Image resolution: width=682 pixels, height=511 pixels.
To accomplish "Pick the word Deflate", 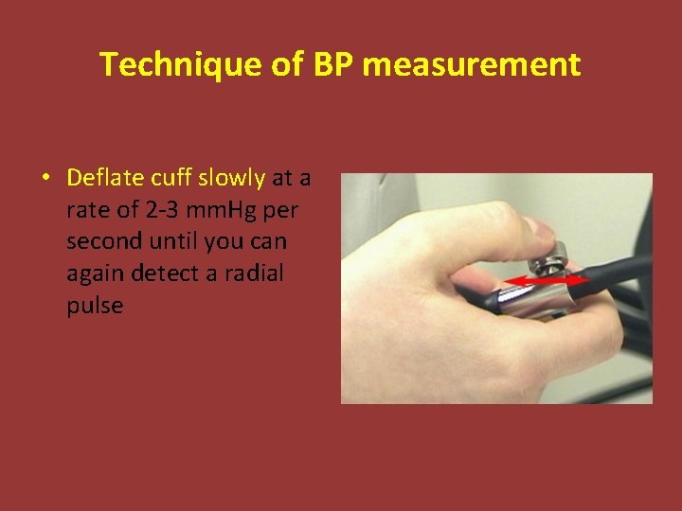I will (103, 177).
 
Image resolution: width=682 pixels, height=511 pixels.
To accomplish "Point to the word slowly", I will (231, 177).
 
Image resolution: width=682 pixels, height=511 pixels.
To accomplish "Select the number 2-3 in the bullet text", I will (168, 209).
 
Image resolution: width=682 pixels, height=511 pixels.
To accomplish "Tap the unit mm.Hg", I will (230, 209).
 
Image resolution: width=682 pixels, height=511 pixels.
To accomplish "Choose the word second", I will (99, 241).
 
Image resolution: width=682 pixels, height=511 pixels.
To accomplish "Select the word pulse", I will (95, 306).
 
